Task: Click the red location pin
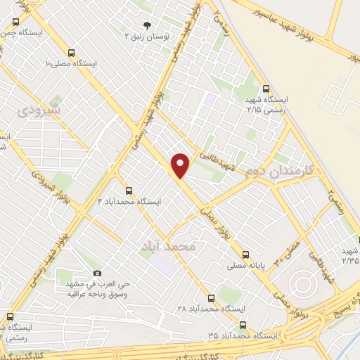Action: pyautogui.click(x=181, y=165)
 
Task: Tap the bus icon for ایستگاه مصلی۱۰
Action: pyautogui.click(x=71, y=53)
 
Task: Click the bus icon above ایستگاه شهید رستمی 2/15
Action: pyautogui.click(x=265, y=89)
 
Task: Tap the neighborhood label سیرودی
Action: pyautogui.click(x=39, y=110)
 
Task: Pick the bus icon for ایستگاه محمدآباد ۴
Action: pyautogui.click(x=128, y=190)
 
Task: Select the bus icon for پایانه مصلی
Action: pyautogui.click(x=245, y=255)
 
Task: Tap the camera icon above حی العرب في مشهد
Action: pyautogui.click(x=97, y=273)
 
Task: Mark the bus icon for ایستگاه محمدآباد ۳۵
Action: pyautogui.click(x=243, y=325)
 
